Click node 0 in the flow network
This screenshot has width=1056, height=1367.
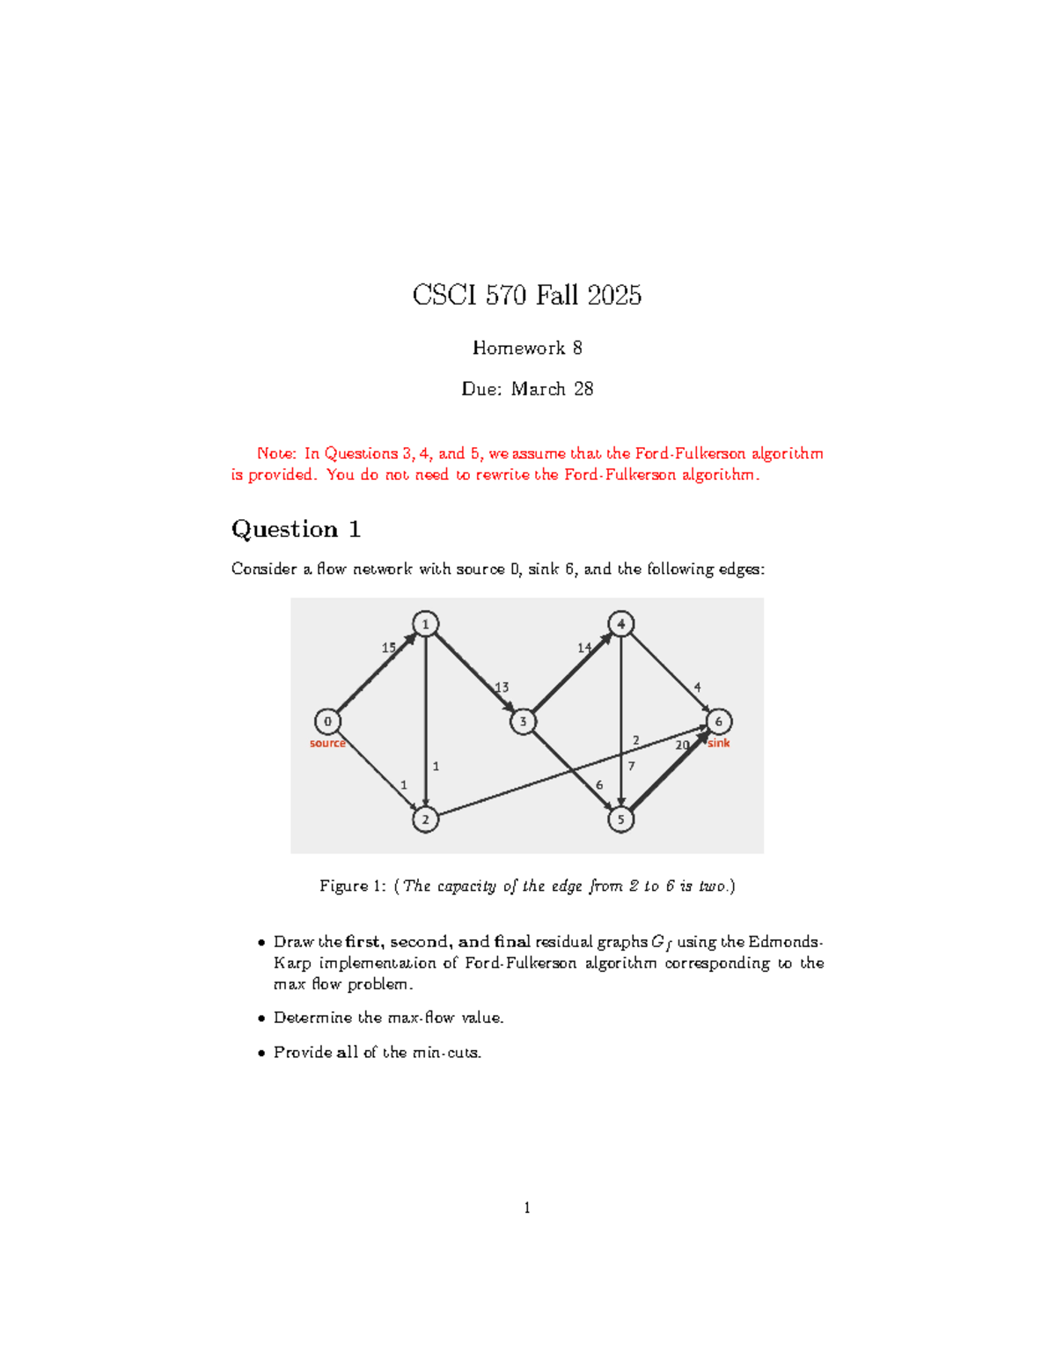pyautogui.click(x=327, y=721)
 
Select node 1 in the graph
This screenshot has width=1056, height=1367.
pyautogui.click(x=425, y=624)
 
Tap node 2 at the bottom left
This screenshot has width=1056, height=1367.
pyautogui.click(x=425, y=819)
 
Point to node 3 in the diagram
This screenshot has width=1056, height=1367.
pyautogui.click(x=523, y=722)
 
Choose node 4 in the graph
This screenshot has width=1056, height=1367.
pyautogui.click(x=620, y=624)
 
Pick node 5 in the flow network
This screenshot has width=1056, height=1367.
pyautogui.click(x=620, y=819)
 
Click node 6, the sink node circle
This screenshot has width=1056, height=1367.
pyautogui.click(x=718, y=722)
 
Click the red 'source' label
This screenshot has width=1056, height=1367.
pyautogui.click(x=327, y=743)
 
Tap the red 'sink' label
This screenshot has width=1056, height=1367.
pyautogui.click(x=719, y=743)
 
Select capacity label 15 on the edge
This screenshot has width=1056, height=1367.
pyautogui.click(x=388, y=647)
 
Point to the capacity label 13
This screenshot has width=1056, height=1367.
pyautogui.click(x=502, y=687)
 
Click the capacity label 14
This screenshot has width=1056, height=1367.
pyautogui.click(x=584, y=647)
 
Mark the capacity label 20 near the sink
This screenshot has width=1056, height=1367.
pyautogui.click(x=682, y=745)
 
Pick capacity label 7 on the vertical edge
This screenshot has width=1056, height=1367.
pyautogui.click(x=631, y=766)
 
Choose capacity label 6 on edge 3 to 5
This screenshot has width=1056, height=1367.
pyautogui.click(x=599, y=784)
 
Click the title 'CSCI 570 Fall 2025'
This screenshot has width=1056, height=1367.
pyautogui.click(x=527, y=295)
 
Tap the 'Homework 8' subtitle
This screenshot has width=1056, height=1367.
pyautogui.click(x=527, y=348)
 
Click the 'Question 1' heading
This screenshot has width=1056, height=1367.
pyautogui.click(x=296, y=529)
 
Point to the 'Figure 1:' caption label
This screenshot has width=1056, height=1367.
pyautogui.click(x=353, y=886)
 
